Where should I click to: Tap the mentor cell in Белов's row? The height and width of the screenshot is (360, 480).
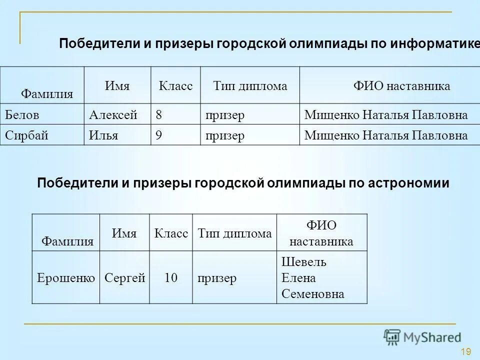[386, 115]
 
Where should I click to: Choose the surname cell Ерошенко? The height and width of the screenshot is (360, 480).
[66, 278]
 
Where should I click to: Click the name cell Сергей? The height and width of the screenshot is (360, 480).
[125, 278]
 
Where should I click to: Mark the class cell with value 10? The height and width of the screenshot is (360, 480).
[171, 278]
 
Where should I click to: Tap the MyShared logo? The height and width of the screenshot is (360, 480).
[422, 336]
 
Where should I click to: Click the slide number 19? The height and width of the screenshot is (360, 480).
[466, 351]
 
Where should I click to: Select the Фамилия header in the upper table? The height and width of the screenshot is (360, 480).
[47, 93]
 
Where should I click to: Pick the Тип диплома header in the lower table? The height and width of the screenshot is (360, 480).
[234, 233]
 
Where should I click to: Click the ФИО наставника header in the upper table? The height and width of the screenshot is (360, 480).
[401, 86]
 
